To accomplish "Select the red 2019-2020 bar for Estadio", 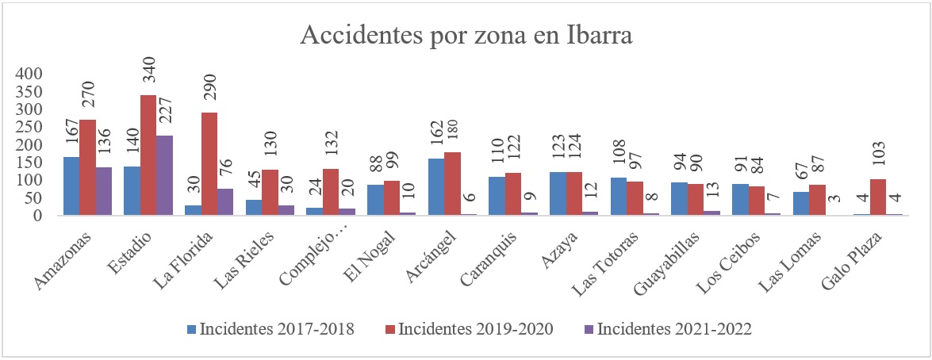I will [148, 155].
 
